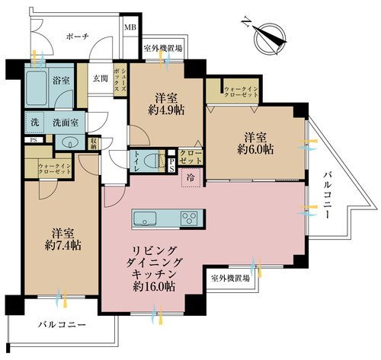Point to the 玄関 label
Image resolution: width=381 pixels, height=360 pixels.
tap(100, 78)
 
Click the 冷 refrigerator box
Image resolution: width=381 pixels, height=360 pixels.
tap(189, 177)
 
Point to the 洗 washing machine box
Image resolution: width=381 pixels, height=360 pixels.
tap(36, 123)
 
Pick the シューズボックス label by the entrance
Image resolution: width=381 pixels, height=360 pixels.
tap(118, 78)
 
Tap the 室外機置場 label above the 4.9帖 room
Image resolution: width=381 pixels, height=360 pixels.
tap(163, 48)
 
